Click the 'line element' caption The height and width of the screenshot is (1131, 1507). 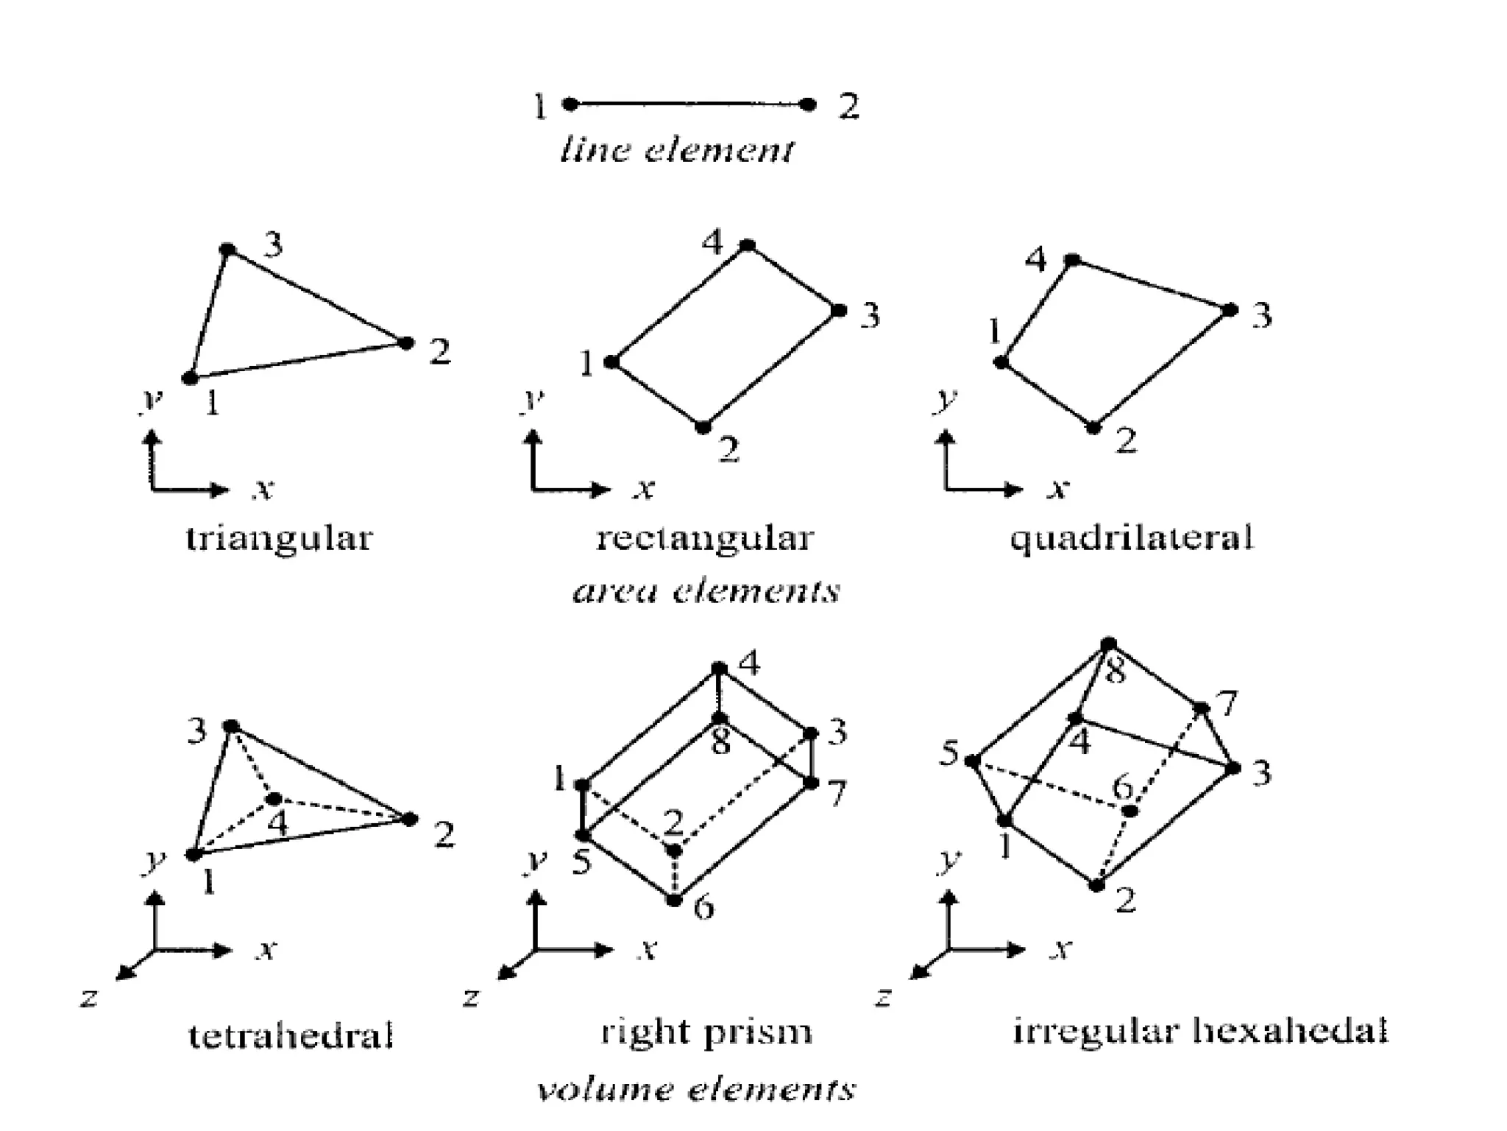(677, 150)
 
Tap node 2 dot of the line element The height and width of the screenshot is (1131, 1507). (808, 105)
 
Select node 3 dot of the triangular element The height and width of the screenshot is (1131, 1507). (228, 250)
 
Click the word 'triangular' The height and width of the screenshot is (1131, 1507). (280, 538)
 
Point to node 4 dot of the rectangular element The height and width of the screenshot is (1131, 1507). (748, 245)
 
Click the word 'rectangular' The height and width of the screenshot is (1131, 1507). (705, 538)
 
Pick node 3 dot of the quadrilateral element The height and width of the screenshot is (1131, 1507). (1230, 310)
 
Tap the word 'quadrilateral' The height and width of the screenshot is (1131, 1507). (1132, 538)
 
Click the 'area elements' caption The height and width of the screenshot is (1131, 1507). (706, 591)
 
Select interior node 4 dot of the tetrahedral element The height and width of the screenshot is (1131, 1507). (274, 799)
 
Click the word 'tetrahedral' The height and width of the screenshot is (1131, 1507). (291, 1035)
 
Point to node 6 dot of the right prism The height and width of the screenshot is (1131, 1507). (674, 900)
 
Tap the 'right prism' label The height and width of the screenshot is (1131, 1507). (706, 1032)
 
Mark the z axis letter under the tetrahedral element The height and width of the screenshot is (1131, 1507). (89, 998)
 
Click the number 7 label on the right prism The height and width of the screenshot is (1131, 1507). (837, 793)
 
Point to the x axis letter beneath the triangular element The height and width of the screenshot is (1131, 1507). (263, 488)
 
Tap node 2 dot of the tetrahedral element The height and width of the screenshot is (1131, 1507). (409, 819)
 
